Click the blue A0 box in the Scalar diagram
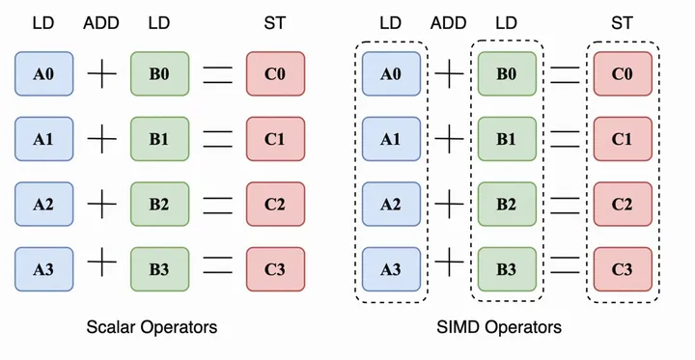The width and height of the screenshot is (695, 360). pos(44,73)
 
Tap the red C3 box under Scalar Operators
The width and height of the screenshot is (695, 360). pos(275,267)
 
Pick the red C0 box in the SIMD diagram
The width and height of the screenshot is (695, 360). pos(623,73)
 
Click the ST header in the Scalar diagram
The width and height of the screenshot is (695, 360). pos(275,22)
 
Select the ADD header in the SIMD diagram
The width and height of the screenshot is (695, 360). pos(449,22)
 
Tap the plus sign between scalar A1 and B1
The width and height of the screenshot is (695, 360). pos(101,139)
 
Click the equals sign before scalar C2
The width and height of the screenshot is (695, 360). pos(218,204)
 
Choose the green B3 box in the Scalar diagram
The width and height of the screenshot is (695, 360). pos(159,267)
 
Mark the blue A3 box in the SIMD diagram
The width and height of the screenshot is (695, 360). pos(391,267)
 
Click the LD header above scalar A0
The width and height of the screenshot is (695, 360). pos(44,22)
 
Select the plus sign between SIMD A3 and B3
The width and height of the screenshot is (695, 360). pos(449,267)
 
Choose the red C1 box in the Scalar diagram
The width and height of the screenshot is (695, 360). pos(275,138)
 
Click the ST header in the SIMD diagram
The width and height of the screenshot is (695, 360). pos(623,22)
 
